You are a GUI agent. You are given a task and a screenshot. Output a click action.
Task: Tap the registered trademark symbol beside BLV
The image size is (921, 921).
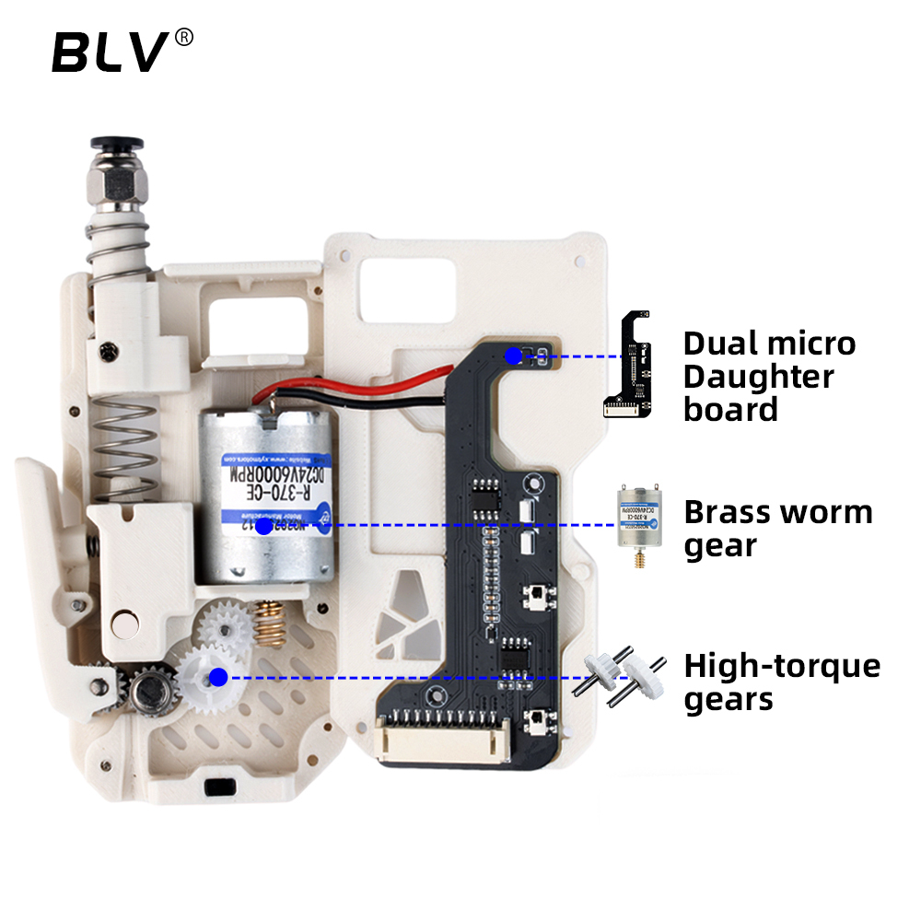(x=184, y=38)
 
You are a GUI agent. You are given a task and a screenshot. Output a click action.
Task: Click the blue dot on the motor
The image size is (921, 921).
(x=263, y=526)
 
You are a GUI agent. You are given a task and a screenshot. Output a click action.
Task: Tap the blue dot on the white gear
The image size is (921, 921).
(x=218, y=678)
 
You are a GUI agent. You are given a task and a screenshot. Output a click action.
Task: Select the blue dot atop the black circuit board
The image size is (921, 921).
(x=512, y=355)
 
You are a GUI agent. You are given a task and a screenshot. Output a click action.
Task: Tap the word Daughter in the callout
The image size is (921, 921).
(x=759, y=377)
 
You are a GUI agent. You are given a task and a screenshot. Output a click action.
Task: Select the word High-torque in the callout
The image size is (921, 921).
(x=782, y=666)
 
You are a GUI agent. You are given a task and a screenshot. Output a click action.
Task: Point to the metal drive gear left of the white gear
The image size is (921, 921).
(x=150, y=690)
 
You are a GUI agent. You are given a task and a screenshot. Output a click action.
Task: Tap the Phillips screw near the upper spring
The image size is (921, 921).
(x=110, y=351)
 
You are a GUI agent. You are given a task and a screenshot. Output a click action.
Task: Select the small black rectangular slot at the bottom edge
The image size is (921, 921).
(x=218, y=788)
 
